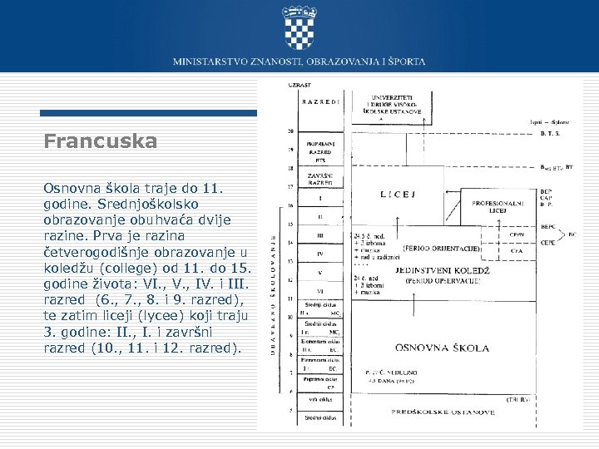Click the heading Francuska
100,142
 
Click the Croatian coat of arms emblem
299,27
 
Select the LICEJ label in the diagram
398,195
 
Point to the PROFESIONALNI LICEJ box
497,206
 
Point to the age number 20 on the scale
290,132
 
